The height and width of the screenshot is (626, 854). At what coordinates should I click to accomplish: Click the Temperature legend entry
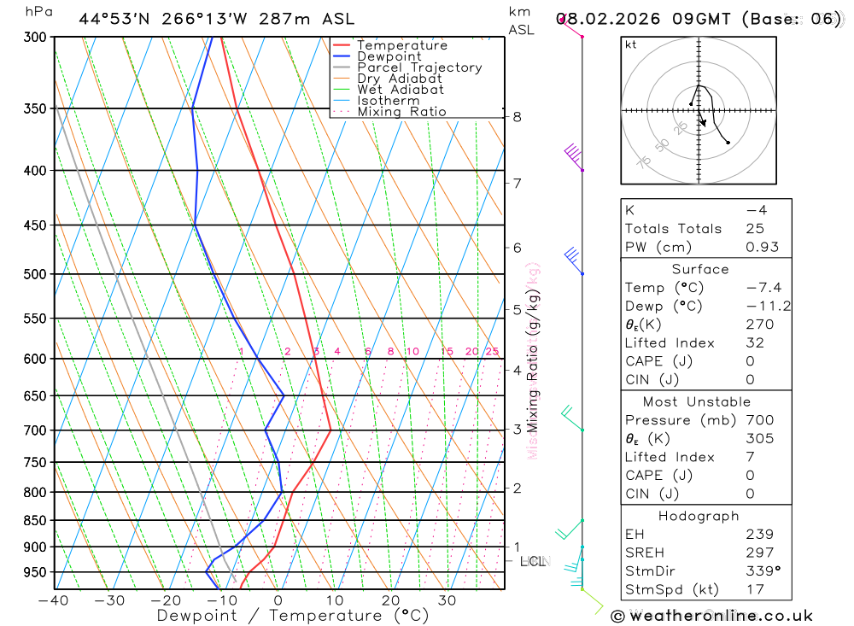(x=401, y=45)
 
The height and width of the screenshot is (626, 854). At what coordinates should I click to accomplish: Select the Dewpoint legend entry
(x=389, y=56)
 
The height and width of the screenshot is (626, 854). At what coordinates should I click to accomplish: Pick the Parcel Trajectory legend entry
(x=419, y=67)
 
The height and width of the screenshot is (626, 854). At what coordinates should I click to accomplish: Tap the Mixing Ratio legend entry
(x=401, y=111)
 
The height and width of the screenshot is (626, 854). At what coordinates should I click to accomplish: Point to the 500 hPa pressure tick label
(x=33, y=274)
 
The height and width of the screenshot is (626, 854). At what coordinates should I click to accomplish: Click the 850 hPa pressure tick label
(x=33, y=520)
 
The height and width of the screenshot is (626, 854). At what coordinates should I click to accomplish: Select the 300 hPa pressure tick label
(x=33, y=38)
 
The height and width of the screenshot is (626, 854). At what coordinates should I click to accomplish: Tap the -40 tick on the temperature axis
(x=54, y=600)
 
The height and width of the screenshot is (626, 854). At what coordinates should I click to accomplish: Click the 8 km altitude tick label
(x=518, y=116)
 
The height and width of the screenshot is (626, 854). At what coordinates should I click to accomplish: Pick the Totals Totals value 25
(x=755, y=228)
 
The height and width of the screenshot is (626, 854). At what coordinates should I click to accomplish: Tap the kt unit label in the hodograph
(x=631, y=44)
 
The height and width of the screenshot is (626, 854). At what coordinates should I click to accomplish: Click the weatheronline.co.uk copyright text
(x=711, y=616)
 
